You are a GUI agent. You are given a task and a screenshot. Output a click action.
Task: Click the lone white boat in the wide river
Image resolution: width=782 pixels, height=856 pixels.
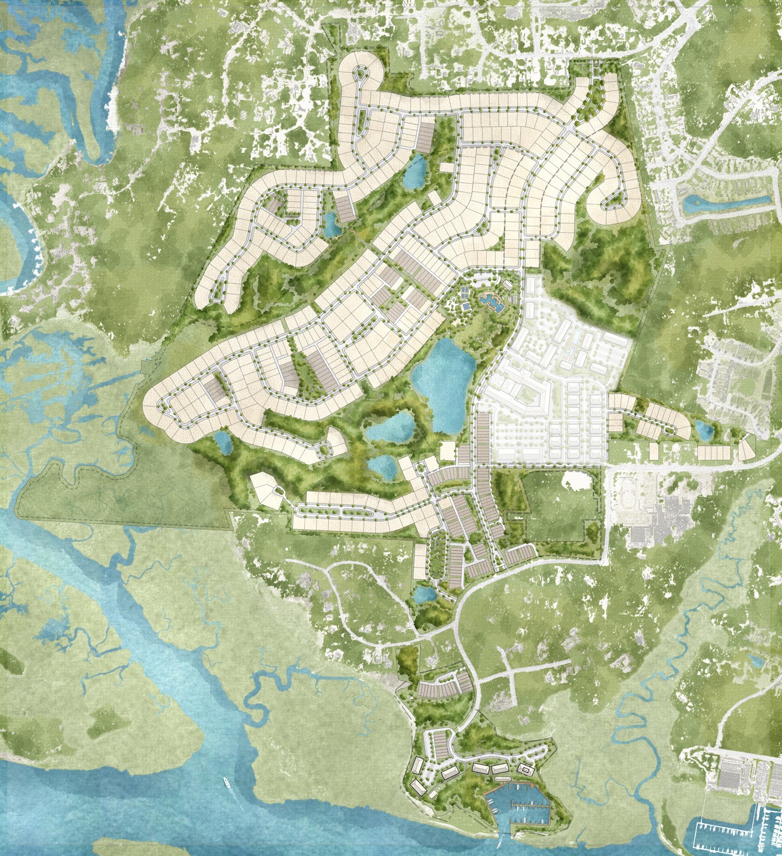(x=226, y=782)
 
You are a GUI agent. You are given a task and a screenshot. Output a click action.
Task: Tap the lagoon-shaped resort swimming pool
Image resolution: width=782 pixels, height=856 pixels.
(x=491, y=300)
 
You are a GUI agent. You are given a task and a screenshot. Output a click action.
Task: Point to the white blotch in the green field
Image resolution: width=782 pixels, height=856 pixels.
(x=574, y=479)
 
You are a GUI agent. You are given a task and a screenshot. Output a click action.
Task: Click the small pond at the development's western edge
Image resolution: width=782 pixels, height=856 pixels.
(x=223, y=443)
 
